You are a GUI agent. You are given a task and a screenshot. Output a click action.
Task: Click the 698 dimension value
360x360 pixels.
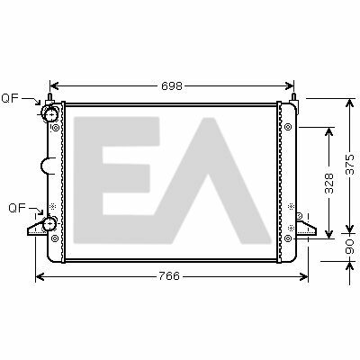[172, 86]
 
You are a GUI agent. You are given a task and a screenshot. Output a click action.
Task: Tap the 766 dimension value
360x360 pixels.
[169, 276]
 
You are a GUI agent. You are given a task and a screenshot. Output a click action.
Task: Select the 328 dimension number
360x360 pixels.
[329, 183]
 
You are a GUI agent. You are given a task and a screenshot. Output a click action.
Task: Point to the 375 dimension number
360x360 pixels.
[350, 165]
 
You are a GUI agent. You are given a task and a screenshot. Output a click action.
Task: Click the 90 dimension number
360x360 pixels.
[350, 247]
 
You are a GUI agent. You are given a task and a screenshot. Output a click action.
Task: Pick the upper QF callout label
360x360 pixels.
[10, 98]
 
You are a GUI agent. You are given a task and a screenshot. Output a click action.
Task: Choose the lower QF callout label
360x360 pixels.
[17, 208]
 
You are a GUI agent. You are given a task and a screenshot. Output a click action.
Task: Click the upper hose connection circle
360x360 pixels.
[50, 115]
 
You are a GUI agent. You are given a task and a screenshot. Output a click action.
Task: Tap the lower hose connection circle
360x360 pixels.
[49, 224]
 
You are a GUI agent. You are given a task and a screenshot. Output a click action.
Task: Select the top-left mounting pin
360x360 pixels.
[49, 97]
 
